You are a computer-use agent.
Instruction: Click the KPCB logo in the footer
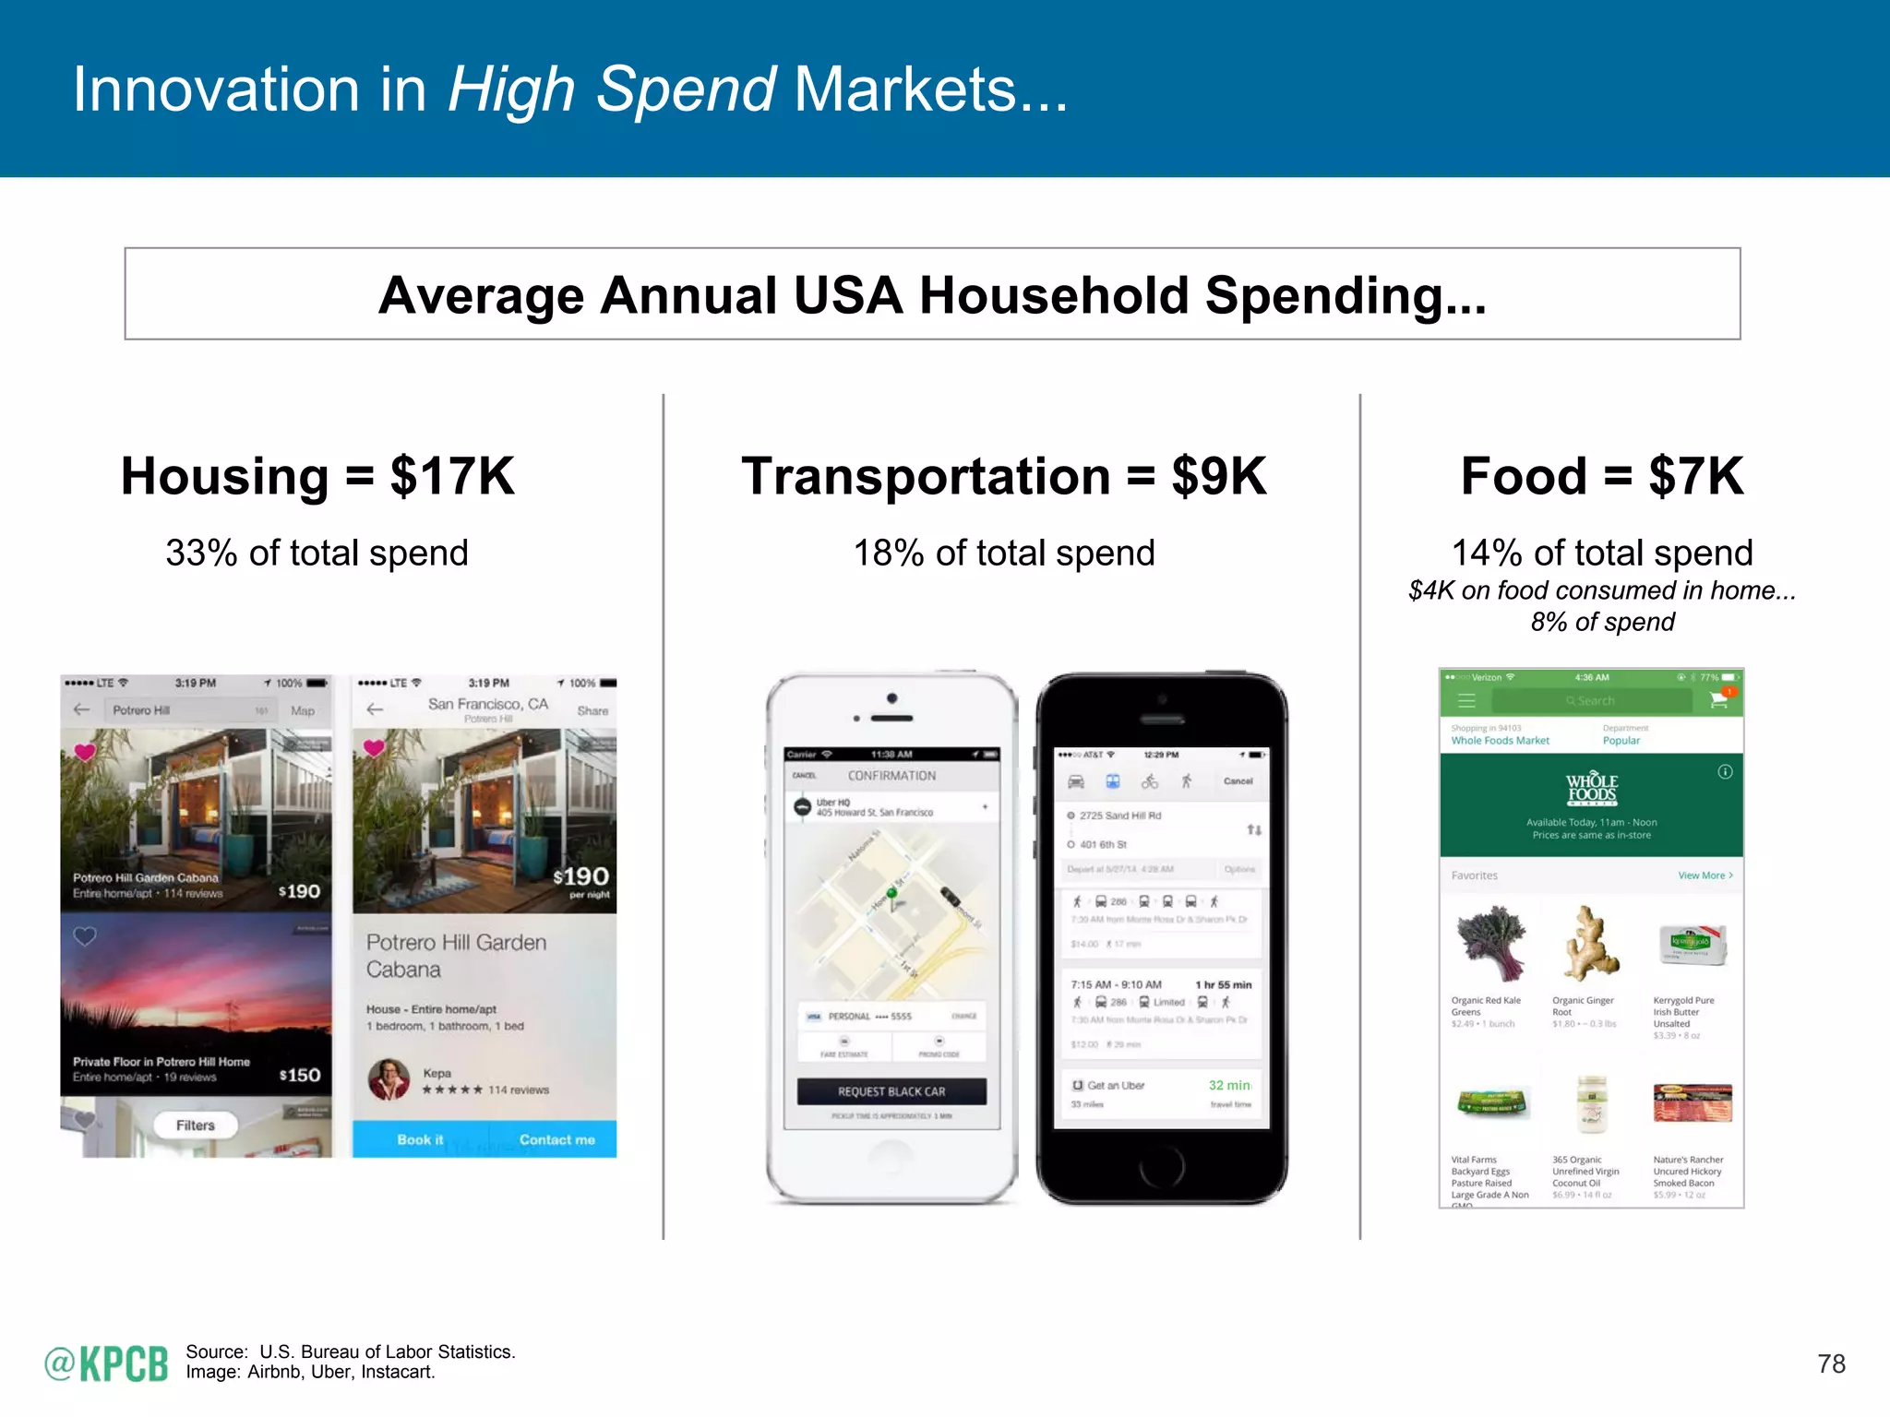(106, 1363)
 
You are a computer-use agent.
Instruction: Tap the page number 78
(1831, 1363)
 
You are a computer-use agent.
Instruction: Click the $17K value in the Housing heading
(452, 476)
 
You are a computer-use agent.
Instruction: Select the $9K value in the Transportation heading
(1219, 476)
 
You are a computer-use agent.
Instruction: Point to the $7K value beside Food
(1696, 476)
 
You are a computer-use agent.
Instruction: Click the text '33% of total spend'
(317, 553)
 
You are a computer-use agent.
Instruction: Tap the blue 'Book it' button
(420, 1139)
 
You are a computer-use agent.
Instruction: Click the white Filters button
(195, 1125)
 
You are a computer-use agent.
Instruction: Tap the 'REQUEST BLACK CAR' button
(891, 1091)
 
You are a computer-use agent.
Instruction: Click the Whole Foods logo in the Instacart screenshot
(1591, 790)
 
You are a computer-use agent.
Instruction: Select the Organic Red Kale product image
(1489, 944)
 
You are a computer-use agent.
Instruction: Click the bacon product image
(1692, 1102)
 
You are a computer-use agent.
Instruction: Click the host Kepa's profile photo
(389, 1079)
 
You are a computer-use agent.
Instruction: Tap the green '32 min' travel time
(1229, 1086)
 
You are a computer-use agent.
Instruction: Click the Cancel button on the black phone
(1238, 781)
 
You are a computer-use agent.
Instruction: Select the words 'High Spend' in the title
(611, 89)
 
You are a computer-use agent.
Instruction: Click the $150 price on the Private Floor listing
(300, 1075)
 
